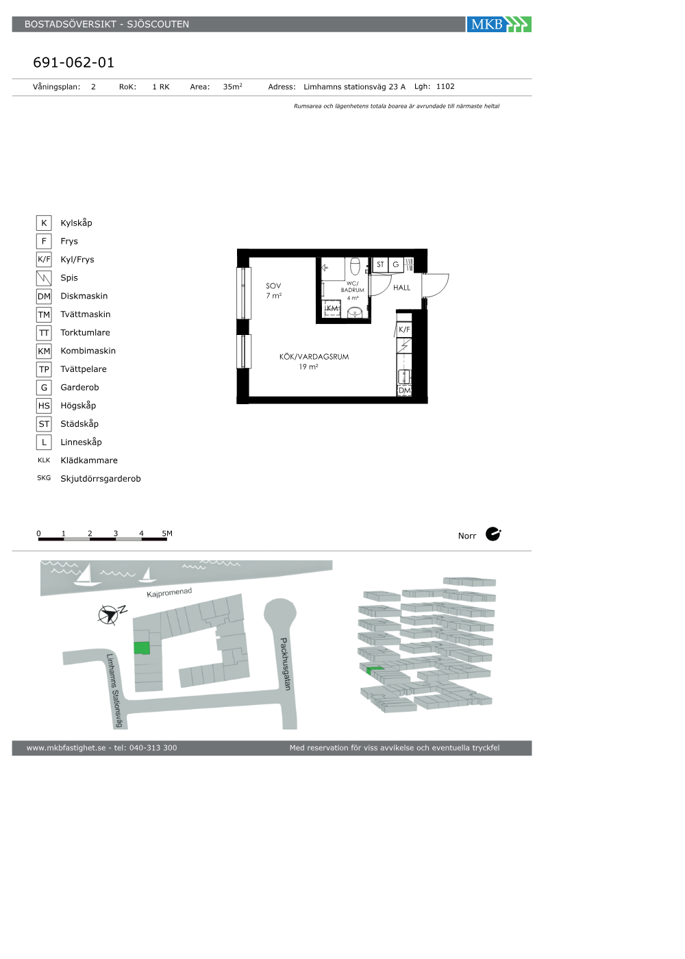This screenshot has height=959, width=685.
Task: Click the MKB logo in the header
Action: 499,25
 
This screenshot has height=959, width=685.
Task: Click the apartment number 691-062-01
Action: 74,62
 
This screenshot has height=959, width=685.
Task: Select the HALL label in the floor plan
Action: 401,288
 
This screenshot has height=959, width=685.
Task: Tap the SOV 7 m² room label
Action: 273,290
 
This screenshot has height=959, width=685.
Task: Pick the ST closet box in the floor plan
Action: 380,264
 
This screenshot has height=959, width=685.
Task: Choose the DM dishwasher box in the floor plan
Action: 405,390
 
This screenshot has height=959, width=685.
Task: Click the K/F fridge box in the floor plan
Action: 404,329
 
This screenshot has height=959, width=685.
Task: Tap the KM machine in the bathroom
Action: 332,308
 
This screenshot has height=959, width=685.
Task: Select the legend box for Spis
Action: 44,278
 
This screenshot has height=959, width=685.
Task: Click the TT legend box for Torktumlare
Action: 44,333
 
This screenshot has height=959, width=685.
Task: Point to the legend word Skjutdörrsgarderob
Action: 101,479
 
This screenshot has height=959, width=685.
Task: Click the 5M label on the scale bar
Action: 167,534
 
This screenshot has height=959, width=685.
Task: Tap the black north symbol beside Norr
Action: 493,534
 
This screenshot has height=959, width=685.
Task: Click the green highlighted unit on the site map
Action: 142,648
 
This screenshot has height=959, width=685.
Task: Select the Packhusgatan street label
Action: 286,664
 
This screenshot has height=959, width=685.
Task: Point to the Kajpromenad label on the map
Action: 169,593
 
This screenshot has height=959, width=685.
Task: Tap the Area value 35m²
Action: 232,86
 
